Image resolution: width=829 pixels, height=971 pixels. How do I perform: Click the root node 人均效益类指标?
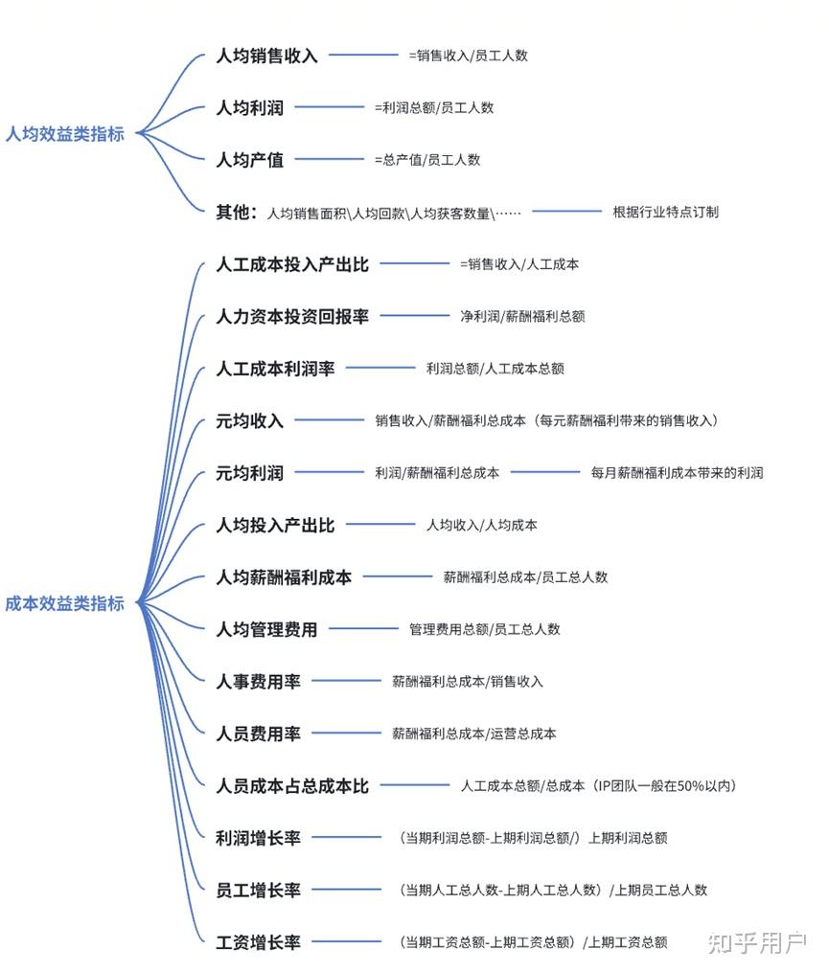64,134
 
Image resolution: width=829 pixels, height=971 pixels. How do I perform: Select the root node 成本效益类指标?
64,603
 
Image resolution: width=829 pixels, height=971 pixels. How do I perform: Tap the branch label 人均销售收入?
266,56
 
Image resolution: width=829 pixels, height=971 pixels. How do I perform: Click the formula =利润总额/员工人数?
434,108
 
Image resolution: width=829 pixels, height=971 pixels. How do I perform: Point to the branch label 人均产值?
249,160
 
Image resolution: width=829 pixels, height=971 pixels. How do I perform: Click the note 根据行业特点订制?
665,212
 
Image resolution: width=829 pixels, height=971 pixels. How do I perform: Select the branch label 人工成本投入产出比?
292,263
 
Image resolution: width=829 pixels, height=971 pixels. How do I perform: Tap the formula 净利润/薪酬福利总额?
522,315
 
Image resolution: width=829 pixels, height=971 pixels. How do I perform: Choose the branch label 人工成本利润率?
275,368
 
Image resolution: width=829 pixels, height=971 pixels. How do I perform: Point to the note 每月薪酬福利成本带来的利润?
678,472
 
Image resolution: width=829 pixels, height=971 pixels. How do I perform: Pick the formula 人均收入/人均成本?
482,525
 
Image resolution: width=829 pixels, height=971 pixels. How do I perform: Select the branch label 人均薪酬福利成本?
284,577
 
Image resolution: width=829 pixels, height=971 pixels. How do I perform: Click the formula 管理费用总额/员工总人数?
485,629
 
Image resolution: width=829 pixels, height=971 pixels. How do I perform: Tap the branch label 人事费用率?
258,682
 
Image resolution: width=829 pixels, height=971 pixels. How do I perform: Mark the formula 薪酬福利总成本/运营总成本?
474,734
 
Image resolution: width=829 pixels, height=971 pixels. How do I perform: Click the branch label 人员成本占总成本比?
292,786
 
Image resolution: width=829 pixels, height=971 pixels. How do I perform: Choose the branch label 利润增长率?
258,838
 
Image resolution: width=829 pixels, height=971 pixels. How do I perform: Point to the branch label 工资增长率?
258,942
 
